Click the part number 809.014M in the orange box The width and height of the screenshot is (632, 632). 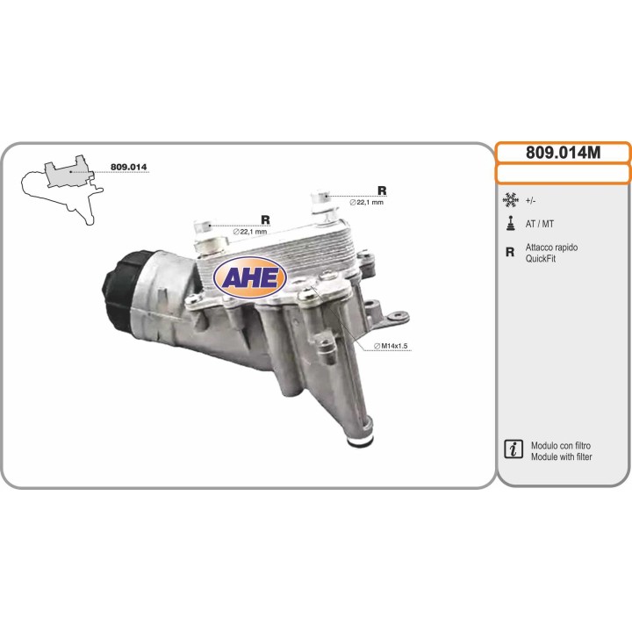click(x=563, y=152)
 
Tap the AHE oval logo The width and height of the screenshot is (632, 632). click(x=251, y=277)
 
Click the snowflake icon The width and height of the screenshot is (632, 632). click(x=510, y=200)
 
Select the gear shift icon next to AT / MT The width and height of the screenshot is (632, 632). click(x=510, y=223)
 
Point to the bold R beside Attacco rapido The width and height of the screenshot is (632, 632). click(x=510, y=253)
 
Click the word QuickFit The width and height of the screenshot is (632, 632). click(x=541, y=259)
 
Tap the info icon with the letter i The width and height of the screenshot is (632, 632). click(x=512, y=450)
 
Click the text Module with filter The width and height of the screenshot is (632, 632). click(x=562, y=457)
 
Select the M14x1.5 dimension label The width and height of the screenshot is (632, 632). click(x=391, y=347)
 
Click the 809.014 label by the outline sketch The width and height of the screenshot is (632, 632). click(x=128, y=167)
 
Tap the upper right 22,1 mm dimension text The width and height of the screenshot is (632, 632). click(x=367, y=203)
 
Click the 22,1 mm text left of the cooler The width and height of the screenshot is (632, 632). click(x=249, y=232)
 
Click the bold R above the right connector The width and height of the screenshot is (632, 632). click(x=382, y=190)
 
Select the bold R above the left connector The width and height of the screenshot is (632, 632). click(x=265, y=219)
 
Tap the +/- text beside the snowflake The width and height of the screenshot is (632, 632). click(x=531, y=200)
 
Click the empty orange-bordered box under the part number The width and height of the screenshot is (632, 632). click(x=563, y=173)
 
